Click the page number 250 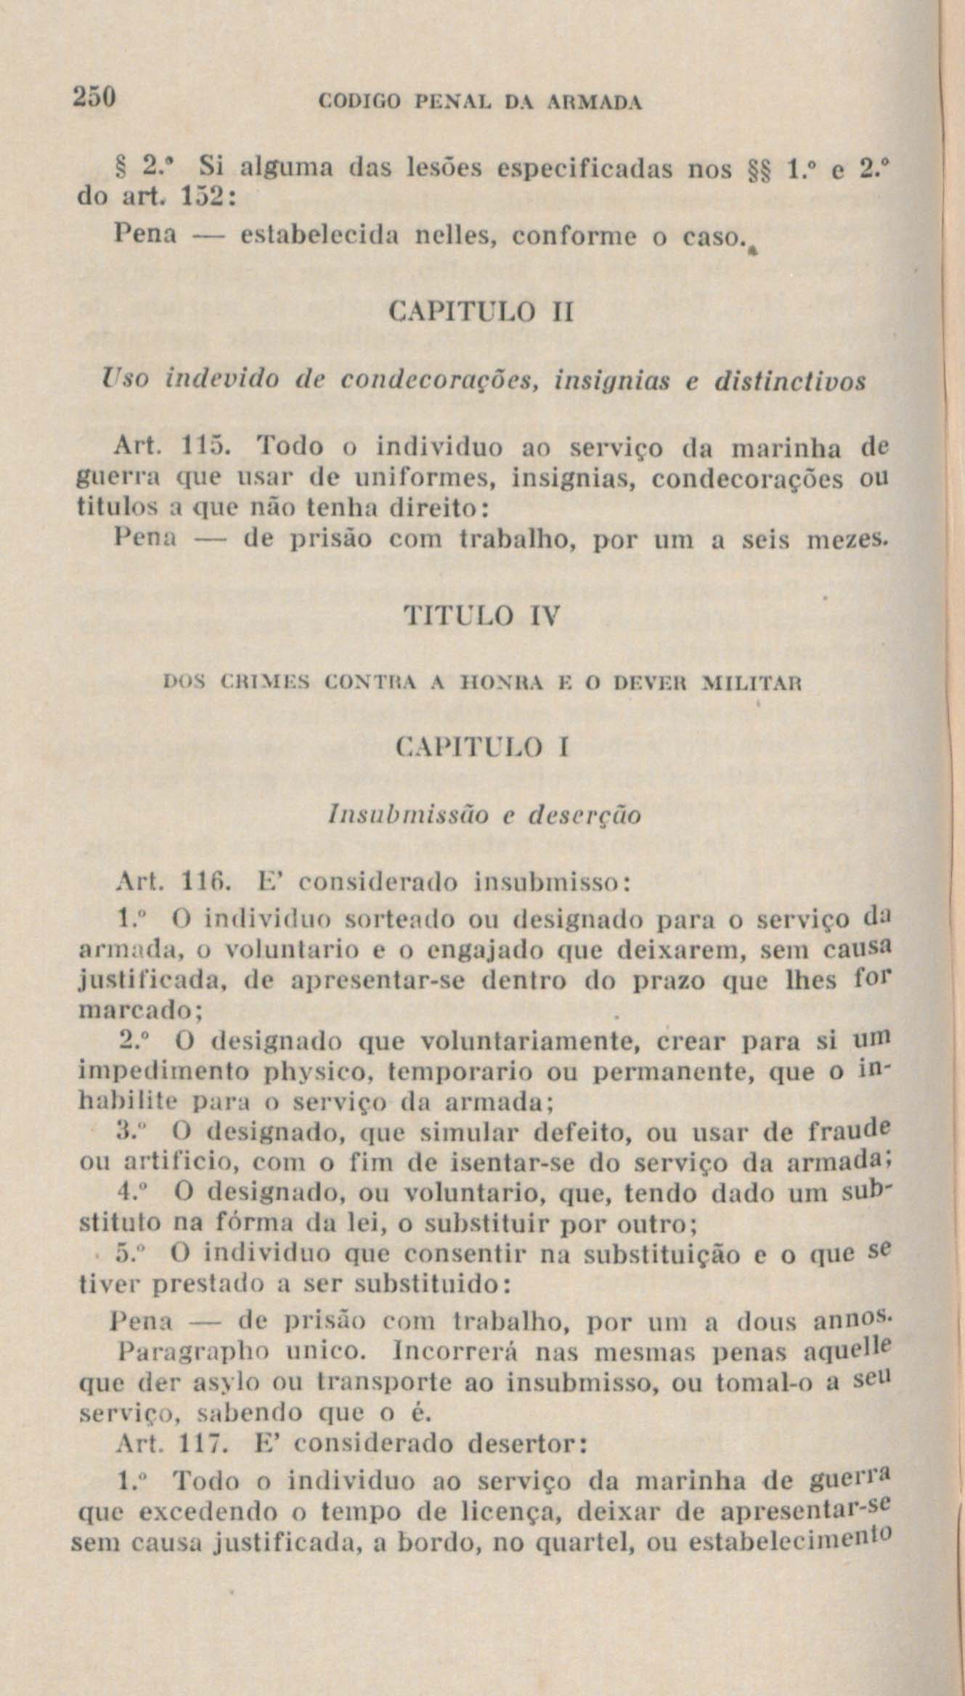click(94, 97)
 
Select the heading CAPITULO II click(481, 314)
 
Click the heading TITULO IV click(481, 616)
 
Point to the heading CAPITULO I click(481, 748)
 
